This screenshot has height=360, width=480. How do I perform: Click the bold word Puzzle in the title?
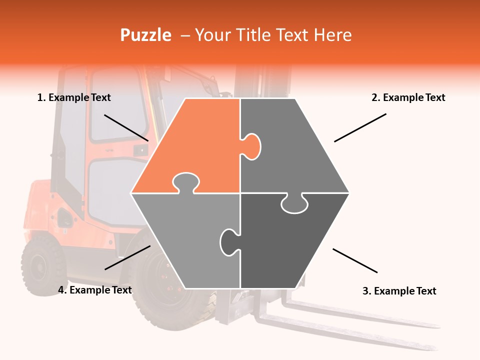[x=145, y=35]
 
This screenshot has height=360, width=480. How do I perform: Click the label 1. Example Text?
[x=74, y=97]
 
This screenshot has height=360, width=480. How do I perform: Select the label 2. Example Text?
[x=408, y=97]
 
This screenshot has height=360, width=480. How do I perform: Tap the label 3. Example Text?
[x=399, y=291]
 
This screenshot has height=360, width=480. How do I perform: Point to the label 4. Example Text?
[x=95, y=290]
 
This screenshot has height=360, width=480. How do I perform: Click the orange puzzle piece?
[x=195, y=145]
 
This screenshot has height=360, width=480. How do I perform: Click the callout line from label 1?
[x=126, y=127]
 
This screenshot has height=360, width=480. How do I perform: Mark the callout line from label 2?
[x=360, y=127]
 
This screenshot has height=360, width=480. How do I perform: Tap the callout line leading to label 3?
[x=355, y=260]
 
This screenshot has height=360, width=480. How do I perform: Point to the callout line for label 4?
[x=127, y=257]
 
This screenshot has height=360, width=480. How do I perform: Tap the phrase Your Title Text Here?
[x=273, y=35]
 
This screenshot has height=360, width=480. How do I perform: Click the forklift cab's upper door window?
[x=117, y=107]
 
